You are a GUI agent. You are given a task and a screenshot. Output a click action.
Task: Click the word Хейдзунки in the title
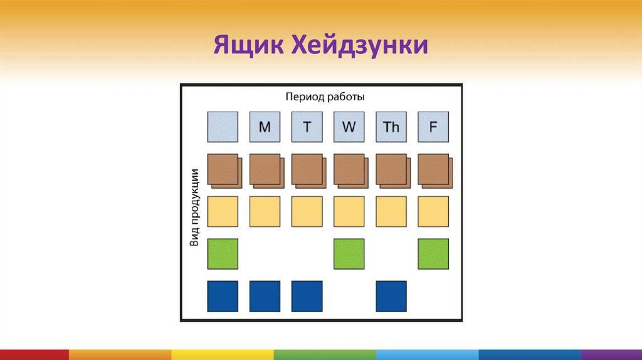tap(359, 46)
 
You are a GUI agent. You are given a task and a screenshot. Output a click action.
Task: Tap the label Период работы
tap(325, 97)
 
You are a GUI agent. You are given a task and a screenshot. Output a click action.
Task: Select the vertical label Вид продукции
tap(194, 208)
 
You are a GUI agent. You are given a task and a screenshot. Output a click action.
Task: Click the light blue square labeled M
tap(265, 127)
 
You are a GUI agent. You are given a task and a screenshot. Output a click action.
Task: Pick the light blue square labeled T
tap(307, 127)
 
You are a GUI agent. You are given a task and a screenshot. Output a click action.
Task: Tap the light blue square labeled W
tap(349, 127)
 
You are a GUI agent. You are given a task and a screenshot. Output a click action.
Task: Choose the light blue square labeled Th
tap(391, 127)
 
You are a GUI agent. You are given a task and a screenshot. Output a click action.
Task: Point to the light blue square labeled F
tap(433, 127)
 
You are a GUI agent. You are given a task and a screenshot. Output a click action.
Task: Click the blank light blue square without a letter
tap(223, 127)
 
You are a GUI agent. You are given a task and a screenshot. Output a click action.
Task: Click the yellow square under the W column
tap(349, 211)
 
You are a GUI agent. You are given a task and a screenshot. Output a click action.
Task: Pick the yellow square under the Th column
tap(391, 211)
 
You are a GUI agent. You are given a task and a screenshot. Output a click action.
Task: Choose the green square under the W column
tap(349, 253)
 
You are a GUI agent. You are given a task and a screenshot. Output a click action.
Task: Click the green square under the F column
tap(433, 253)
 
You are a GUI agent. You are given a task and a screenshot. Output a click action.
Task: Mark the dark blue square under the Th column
tap(391, 296)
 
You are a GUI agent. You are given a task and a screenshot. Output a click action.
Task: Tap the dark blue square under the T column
tap(307, 296)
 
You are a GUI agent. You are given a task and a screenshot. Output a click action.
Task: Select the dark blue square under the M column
tap(265, 296)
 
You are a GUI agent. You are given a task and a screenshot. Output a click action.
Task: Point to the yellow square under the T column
tap(307, 211)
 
